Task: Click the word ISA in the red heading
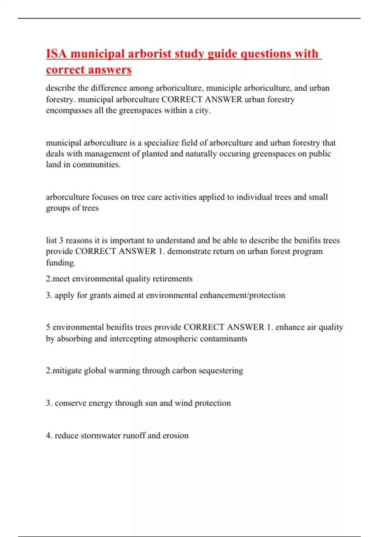tap(57, 54)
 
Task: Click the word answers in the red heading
tap(110, 69)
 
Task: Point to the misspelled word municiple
tap(224, 88)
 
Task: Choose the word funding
tap(61, 262)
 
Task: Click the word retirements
tap(172, 279)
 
